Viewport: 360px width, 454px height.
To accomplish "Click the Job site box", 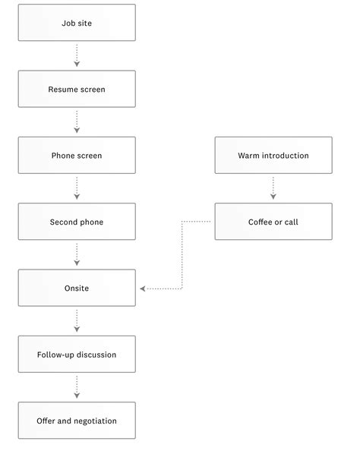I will pos(77,23).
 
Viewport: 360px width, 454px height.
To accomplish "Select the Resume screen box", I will pos(77,89).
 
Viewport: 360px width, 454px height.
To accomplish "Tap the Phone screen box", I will pos(77,156).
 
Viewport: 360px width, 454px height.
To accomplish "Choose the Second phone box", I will pos(77,222).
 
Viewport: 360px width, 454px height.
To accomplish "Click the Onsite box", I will pos(77,288).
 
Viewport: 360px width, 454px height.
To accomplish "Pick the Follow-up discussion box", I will pos(77,355).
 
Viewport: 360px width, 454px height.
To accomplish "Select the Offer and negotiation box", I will pos(77,421).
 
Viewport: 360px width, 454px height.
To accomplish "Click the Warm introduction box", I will pos(273,156).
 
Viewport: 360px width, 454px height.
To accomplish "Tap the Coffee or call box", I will pos(273,222).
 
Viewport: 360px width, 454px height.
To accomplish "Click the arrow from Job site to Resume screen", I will pos(77,55).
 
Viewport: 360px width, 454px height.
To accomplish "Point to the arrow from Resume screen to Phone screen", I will pos(77,121).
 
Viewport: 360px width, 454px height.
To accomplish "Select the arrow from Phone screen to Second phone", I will pos(77,188).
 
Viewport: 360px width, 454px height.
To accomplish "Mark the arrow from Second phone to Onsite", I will pos(77,254).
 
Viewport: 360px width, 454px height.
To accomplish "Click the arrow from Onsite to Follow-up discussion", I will pos(77,321).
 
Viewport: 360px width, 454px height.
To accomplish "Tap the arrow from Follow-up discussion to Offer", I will pos(77,387).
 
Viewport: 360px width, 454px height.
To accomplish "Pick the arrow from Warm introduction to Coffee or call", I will pos(273,188).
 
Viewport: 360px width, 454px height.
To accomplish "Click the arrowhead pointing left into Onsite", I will pos(144,288).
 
